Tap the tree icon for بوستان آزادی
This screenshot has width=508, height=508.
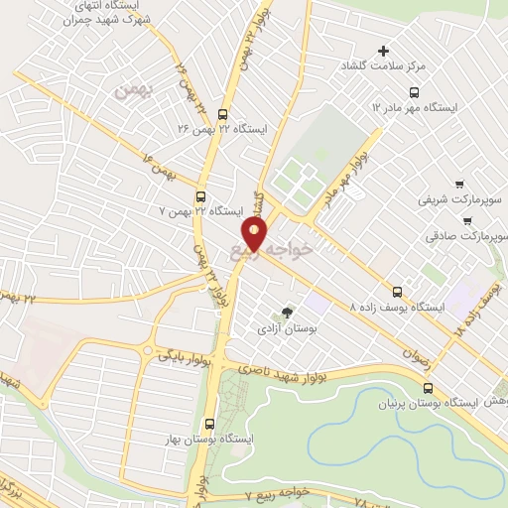click(x=288, y=312)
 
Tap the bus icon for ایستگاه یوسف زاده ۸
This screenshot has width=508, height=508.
click(x=398, y=292)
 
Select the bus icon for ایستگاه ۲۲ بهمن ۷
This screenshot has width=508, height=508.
click(x=201, y=196)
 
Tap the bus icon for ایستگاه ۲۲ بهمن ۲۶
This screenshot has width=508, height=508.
click(x=221, y=113)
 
